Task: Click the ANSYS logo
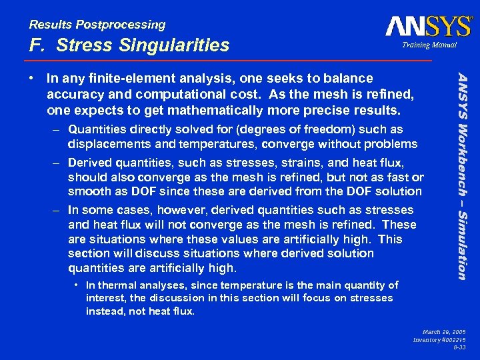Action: point(428,26)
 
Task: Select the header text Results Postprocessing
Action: point(97,25)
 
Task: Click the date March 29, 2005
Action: point(446,331)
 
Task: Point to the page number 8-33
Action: point(460,347)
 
